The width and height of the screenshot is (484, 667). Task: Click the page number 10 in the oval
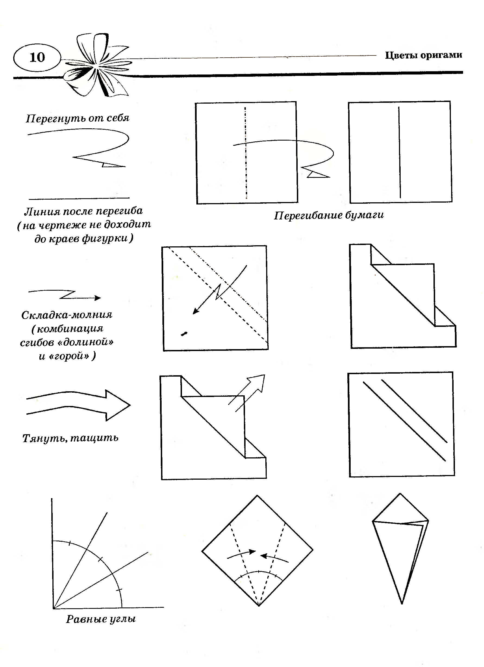37,57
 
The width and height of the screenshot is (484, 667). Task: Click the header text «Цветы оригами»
423,55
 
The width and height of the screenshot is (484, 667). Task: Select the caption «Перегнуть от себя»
77,118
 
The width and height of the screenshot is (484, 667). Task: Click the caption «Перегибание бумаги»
329,215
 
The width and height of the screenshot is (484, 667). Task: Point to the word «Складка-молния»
67,315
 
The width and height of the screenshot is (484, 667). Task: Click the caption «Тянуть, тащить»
71,438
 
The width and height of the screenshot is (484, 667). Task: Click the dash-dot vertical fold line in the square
246,153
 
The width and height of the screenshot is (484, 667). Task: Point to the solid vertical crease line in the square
400,152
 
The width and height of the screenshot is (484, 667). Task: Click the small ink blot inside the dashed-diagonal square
184,333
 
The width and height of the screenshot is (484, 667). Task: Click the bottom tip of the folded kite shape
402,603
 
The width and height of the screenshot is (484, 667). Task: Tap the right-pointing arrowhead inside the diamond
252,552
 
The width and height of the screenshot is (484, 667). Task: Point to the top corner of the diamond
257,496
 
